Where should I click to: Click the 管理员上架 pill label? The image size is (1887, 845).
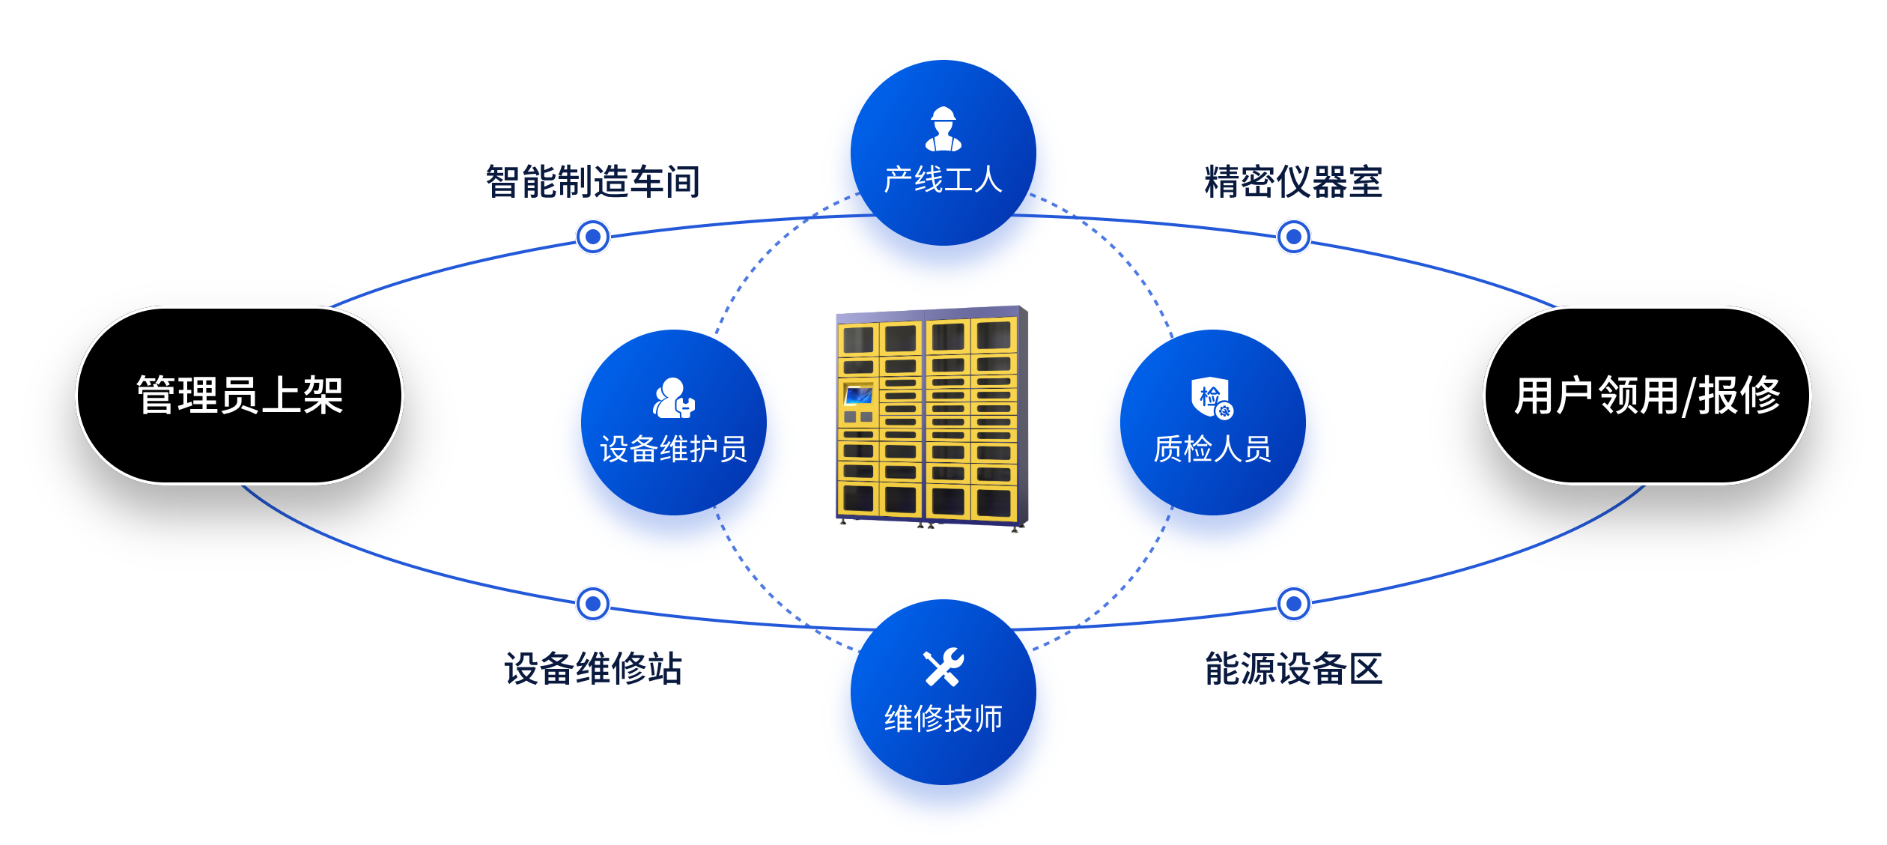pos(240,396)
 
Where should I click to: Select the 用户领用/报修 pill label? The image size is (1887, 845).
pos(1647,396)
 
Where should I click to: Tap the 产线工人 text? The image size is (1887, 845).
pos(943,181)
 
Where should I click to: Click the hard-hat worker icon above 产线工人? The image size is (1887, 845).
pos(943,129)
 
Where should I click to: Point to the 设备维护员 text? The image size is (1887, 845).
pos(673,449)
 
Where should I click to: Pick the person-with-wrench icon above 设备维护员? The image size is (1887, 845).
pos(673,398)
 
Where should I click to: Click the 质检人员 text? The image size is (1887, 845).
pos(1212,449)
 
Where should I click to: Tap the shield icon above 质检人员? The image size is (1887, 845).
pos(1212,397)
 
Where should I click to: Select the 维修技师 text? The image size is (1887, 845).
pos(943,719)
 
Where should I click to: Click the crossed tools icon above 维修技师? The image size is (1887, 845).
pos(943,667)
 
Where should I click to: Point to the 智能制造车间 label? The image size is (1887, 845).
pos(592,182)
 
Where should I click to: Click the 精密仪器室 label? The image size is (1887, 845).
pos(1293,182)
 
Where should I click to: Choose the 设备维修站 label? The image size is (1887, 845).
pos(592,668)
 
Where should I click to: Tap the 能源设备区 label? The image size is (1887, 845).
pos(1293,668)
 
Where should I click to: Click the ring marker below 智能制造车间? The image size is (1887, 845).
pos(593,237)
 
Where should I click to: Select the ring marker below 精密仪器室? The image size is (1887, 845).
pos(1293,237)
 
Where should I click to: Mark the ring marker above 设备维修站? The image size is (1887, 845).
pos(593,603)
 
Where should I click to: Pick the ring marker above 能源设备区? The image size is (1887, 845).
pos(1293,603)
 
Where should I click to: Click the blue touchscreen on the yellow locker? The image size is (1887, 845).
pos(858,394)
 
